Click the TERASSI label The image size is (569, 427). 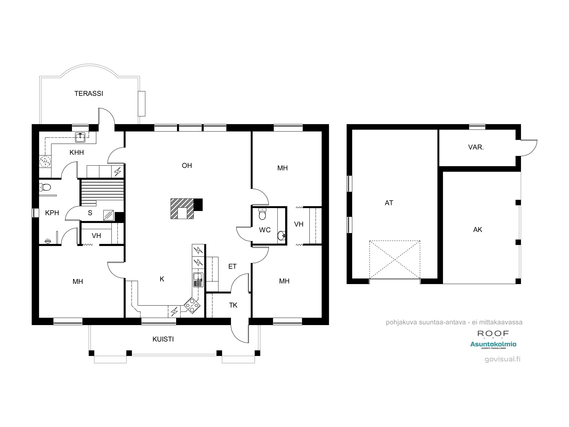click(x=88, y=93)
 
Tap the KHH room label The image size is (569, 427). click(x=77, y=152)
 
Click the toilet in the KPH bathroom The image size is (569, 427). click(x=45, y=187)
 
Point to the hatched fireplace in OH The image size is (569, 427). click(x=182, y=209)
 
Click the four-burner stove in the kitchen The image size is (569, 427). click(x=192, y=305)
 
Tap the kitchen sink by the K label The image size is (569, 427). click(x=198, y=280)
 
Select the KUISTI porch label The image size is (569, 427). click(x=163, y=339)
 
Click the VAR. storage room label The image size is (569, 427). click(x=476, y=147)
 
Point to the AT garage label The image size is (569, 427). click(x=389, y=203)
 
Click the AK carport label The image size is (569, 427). click(x=477, y=229)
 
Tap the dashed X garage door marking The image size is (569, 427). click(x=395, y=260)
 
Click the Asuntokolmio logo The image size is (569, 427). click(x=493, y=344)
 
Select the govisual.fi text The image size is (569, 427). click(x=502, y=359)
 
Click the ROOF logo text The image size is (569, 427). click(x=493, y=333)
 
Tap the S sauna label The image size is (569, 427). click(x=90, y=213)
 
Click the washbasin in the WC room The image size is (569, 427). click(x=281, y=235)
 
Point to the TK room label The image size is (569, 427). click(x=233, y=305)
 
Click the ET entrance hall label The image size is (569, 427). click(x=232, y=266)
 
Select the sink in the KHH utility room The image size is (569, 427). click(x=80, y=137)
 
